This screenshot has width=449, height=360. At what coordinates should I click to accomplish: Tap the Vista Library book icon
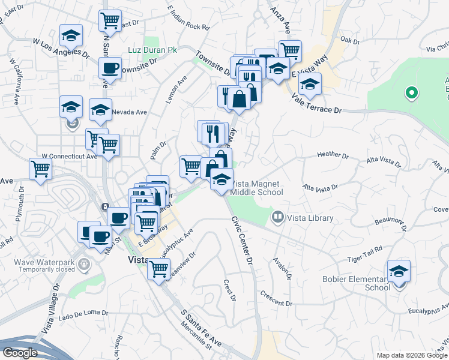click(278, 217)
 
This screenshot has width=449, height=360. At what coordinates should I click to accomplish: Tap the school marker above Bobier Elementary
click(399, 271)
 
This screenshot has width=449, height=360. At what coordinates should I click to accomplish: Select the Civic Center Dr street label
click(242, 239)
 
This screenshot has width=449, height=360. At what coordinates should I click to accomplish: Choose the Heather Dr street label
click(333, 155)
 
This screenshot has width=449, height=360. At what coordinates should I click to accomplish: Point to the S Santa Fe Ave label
click(201, 329)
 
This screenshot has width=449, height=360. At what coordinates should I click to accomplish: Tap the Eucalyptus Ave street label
click(175, 244)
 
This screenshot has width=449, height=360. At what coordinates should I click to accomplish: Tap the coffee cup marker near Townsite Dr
click(110, 68)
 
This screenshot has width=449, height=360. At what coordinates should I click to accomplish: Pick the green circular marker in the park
click(411, 92)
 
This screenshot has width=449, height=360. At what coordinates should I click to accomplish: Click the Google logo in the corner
click(20, 353)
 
